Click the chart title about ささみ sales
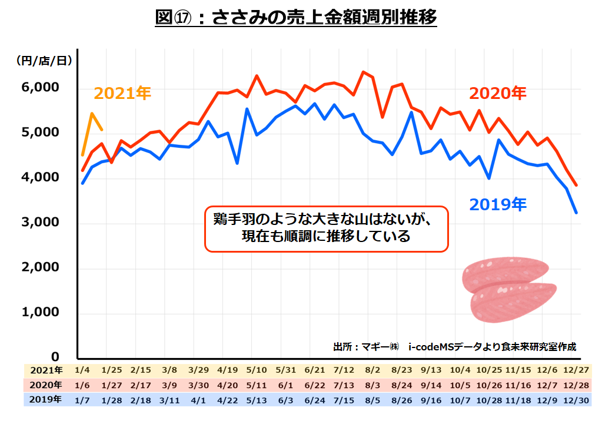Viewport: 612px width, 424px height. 296,18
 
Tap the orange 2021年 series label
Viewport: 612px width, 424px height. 122,93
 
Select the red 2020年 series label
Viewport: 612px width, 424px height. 497,93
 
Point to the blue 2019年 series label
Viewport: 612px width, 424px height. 497,204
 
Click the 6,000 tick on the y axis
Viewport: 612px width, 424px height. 41,87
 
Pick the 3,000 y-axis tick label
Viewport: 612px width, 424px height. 41,222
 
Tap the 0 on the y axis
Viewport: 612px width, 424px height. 55,357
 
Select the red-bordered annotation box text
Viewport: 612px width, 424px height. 325,228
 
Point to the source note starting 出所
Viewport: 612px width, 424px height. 454,346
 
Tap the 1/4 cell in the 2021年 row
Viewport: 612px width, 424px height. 83,370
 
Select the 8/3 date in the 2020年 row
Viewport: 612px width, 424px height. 372,385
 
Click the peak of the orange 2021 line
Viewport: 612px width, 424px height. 92,113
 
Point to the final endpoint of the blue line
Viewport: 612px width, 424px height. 576,213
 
